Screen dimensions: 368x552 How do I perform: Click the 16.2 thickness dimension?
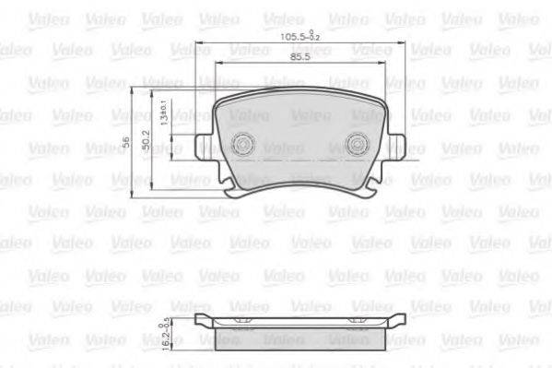click(x=162, y=338)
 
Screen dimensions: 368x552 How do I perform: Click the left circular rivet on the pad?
click(x=243, y=144)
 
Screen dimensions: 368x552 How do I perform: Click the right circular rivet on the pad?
click(x=359, y=144)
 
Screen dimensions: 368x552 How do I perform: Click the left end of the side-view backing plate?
click(x=201, y=320)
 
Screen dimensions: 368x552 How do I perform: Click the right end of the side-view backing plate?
click(x=402, y=320)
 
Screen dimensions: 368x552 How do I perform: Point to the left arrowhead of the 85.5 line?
click(x=217, y=63)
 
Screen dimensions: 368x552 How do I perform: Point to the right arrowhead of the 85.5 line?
click(x=385, y=63)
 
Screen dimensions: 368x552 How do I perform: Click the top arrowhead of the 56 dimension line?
click(x=135, y=90)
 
